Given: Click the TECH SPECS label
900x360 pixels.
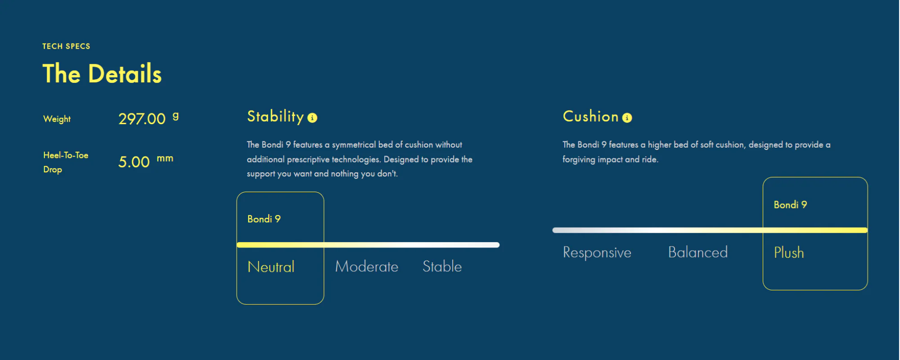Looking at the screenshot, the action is [66, 46].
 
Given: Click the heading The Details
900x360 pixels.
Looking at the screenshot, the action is [102, 74].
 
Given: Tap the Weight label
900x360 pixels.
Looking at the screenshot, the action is [57, 119].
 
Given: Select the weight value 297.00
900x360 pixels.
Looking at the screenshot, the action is [142, 119].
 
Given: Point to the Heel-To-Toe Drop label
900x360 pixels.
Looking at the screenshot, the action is [66, 162].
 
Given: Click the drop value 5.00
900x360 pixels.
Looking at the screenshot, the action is [134, 162].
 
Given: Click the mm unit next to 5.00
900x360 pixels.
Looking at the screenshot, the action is [165, 158].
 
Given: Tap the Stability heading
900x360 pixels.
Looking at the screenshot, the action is [275, 117].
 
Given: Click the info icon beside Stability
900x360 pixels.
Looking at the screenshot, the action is [312, 118].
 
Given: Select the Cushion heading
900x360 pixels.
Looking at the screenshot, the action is [591, 117].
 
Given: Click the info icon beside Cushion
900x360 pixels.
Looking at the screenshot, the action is [627, 118].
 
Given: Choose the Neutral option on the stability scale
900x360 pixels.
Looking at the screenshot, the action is [271, 267].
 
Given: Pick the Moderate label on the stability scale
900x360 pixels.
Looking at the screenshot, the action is [367, 267].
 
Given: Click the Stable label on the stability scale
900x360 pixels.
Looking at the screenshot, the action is [442, 267].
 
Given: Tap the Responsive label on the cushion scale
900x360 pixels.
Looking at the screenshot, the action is [597, 253].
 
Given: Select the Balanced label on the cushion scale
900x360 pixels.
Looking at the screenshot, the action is [698, 252].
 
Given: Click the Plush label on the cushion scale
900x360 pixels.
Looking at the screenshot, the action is [789, 253].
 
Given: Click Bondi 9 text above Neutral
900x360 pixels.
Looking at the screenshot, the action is [264, 219].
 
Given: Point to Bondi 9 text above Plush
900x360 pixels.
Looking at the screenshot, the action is [790, 205].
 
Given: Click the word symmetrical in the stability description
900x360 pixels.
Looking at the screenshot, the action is [354, 145].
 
